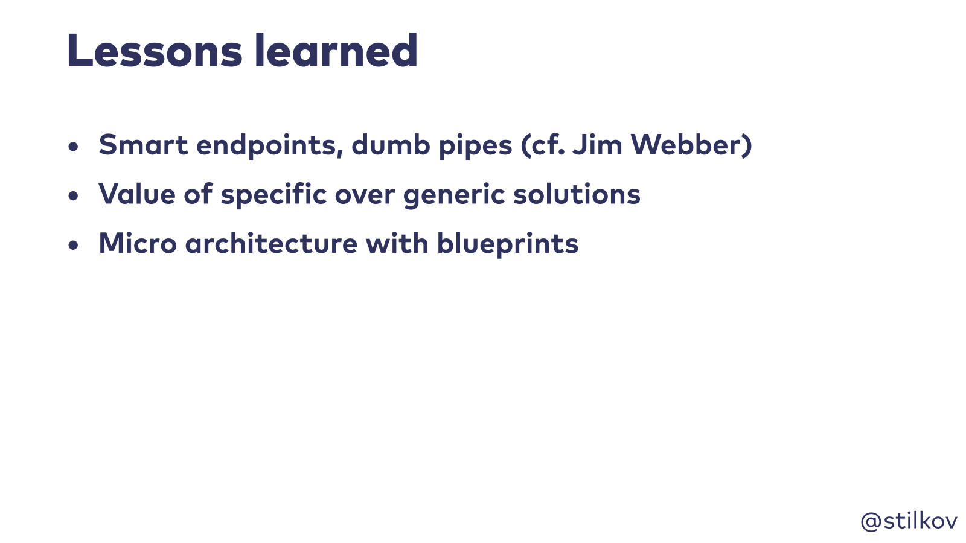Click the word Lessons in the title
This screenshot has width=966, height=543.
[155, 51]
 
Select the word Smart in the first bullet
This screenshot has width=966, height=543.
[143, 144]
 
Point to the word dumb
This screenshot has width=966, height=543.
[391, 144]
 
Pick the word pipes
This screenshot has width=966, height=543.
[475, 146]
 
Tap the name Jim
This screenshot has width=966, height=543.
[597, 144]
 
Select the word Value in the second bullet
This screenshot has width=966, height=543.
[136, 194]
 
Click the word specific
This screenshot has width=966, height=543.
[273, 195]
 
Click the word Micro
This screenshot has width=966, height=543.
[138, 243]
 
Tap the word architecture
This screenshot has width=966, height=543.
[271, 243]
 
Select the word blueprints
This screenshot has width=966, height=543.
[508, 244]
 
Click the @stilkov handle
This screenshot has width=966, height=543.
[909, 521]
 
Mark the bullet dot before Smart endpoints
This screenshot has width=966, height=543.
[73, 147]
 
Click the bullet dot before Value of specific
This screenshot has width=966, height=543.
[73, 196]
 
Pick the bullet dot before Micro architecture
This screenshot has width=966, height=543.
[73, 245]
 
